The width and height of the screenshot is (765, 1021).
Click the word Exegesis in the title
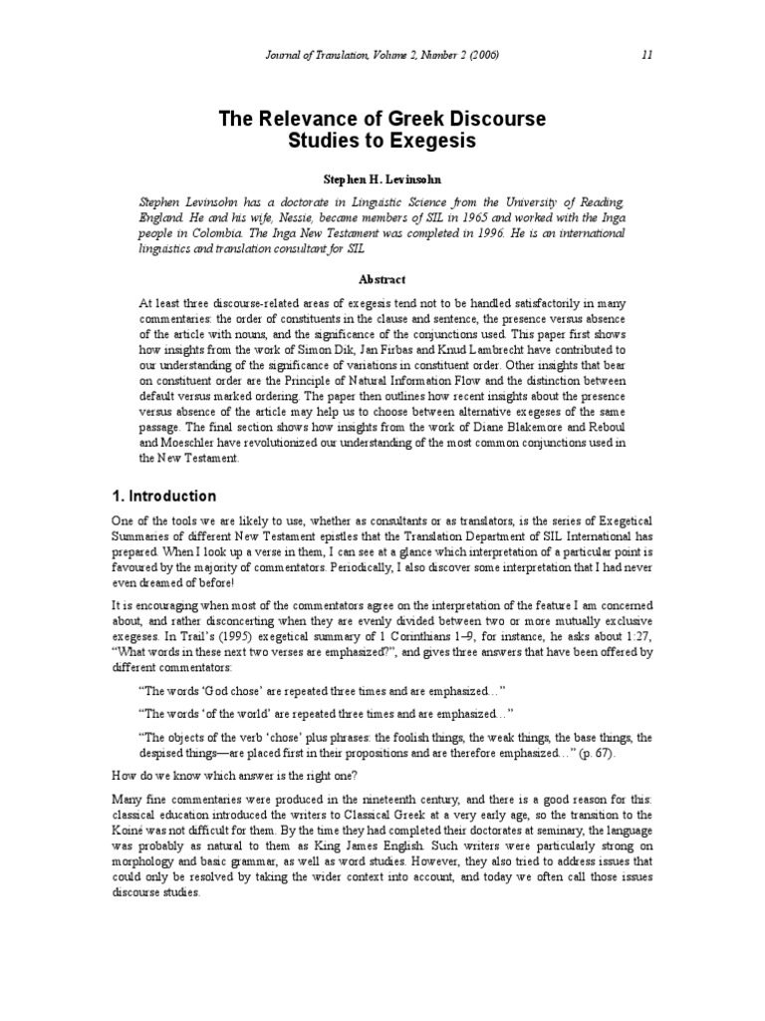coord(431,142)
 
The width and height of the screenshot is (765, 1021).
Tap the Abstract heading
coord(382,280)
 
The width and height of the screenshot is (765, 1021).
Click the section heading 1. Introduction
coord(163,496)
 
